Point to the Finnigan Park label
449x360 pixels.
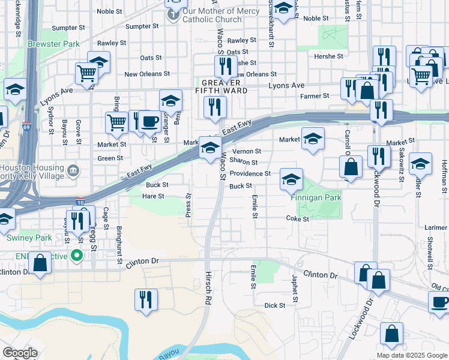click(x=316, y=197)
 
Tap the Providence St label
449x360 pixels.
click(x=250, y=173)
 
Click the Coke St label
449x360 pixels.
click(x=297, y=219)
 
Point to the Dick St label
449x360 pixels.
click(x=275, y=305)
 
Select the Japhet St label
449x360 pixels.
click(x=295, y=289)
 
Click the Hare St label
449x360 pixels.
click(x=153, y=196)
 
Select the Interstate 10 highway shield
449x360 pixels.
click(x=79, y=203)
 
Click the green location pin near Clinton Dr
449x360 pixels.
click(x=76, y=256)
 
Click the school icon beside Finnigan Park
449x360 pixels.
click(x=291, y=179)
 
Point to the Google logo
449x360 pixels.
click(x=20, y=353)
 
